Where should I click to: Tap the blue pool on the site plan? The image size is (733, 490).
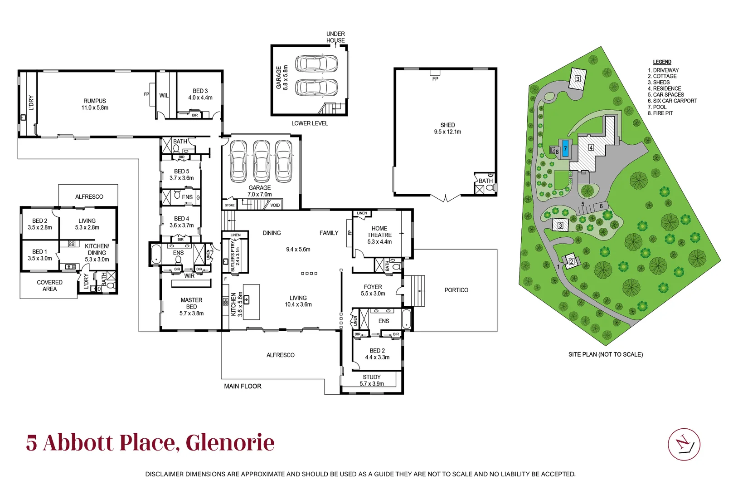pyautogui.click(x=565, y=149)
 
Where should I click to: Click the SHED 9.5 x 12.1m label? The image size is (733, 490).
pyautogui.click(x=447, y=128)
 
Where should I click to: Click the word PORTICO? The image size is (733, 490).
pyautogui.click(x=456, y=290)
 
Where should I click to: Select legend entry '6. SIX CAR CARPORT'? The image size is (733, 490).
pyautogui.click(x=672, y=101)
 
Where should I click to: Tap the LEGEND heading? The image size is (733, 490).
pyautogui.click(x=662, y=62)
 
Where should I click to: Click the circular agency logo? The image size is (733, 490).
pyautogui.click(x=684, y=444)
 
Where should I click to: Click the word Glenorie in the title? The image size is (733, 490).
pyautogui.click(x=230, y=443)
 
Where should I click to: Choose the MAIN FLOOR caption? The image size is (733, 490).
pyautogui.click(x=243, y=386)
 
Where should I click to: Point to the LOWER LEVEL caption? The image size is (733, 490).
pyautogui.click(x=309, y=123)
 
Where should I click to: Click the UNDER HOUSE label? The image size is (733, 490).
pyautogui.click(x=335, y=37)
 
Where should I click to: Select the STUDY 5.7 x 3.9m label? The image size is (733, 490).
pyautogui.click(x=372, y=380)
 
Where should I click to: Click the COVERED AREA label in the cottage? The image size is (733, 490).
pyautogui.click(x=49, y=285)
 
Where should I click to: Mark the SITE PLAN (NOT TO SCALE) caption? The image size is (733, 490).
pyautogui.click(x=605, y=354)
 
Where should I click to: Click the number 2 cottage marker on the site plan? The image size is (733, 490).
pyautogui.click(x=572, y=261)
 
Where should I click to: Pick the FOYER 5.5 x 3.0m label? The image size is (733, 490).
pyautogui.click(x=373, y=290)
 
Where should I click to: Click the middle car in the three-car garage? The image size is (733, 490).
pyautogui.click(x=262, y=161)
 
